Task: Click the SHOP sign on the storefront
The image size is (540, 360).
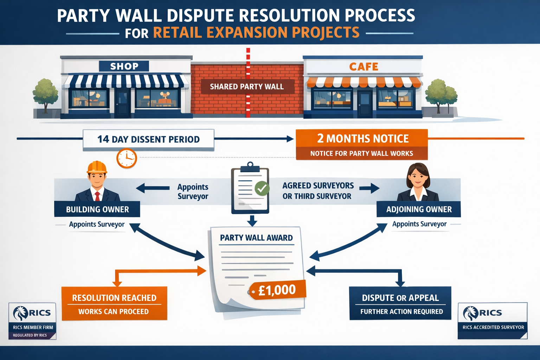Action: coord(124,66)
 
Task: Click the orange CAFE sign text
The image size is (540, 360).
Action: coord(364,66)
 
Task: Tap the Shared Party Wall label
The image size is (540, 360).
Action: coord(247,86)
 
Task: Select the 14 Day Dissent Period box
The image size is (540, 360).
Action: coord(148,140)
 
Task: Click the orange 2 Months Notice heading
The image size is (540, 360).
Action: coord(362,139)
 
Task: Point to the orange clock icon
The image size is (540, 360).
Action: coord(127,158)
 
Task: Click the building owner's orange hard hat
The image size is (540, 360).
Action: coord(97,167)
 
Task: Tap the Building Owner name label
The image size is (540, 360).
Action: coord(97,209)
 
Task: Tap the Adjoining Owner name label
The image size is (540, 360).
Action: coord(419,209)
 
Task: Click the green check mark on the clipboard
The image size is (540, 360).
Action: coord(262,188)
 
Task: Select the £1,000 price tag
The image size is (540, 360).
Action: coord(277,290)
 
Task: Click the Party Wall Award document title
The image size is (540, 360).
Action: coord(256,238)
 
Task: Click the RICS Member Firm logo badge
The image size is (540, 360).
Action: coord(32,321)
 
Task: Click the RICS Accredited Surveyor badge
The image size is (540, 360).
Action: coord(493,321)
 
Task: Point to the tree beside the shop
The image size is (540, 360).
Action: coord(45,93)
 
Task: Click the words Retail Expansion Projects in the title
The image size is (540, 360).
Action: coord(256,33)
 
